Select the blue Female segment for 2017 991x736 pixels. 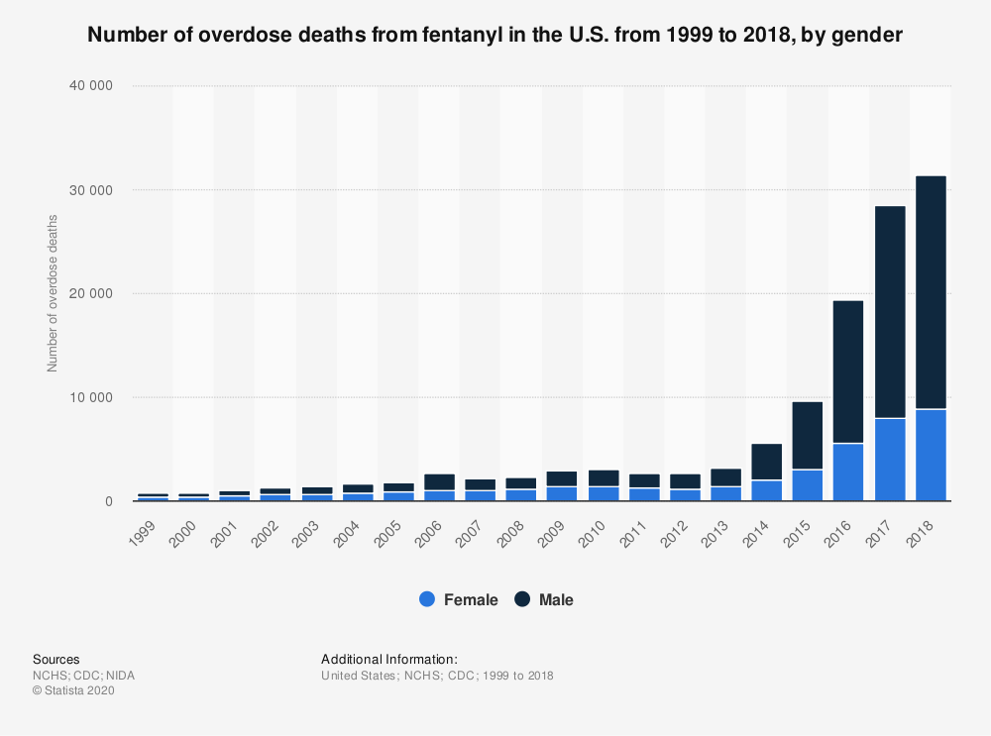tap(890, 460)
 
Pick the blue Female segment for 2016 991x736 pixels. tap(848, 473)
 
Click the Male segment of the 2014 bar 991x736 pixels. tap(766, 462)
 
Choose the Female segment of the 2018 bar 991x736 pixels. tap(931, 455)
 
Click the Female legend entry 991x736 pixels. tap(459, 599)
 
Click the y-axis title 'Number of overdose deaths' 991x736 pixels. tap(53, 294)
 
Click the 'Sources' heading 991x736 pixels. tap(55, 659)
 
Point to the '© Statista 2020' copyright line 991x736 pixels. tap(74, 691)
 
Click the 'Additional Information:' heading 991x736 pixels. tap(389, 659)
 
